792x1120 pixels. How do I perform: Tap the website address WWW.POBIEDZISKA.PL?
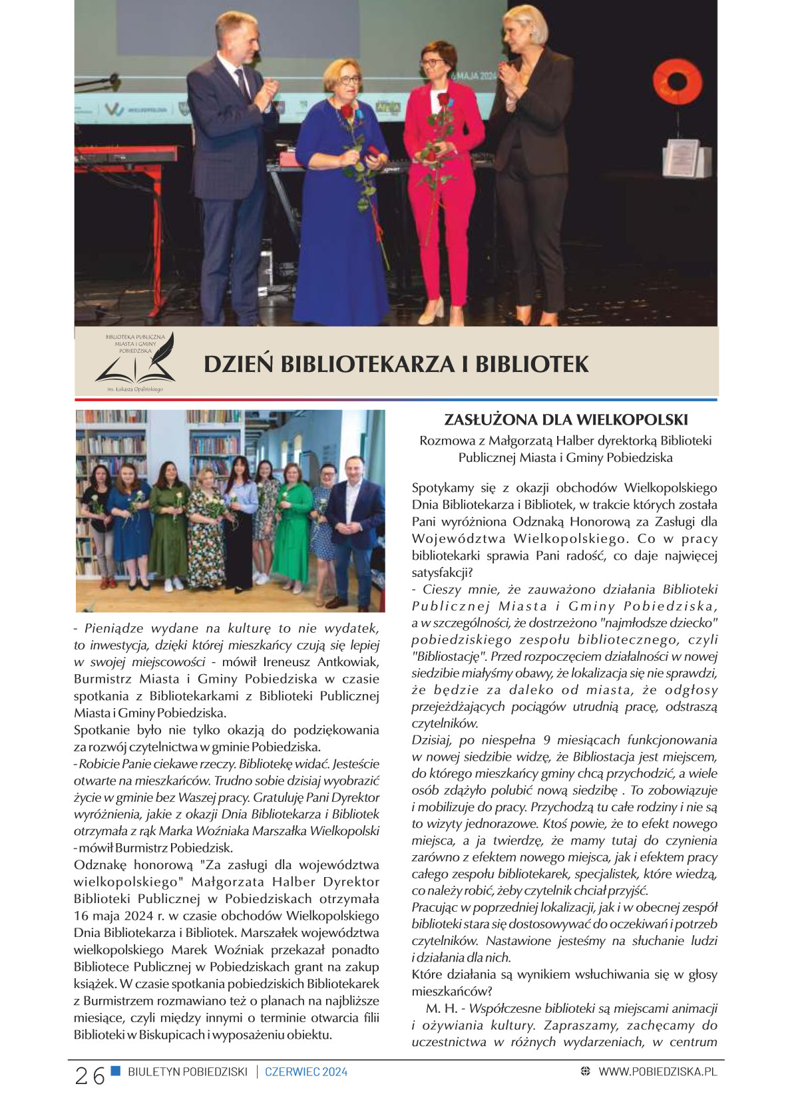[658, 1071]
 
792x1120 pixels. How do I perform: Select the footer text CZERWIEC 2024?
[306, 1072]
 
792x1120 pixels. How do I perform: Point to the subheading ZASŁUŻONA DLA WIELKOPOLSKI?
[566, 420]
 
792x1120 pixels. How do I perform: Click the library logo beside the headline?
[135, 362]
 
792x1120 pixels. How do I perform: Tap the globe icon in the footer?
[585, 1071]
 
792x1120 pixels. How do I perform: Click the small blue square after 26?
[116, 1071]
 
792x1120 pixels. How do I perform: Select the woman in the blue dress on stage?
[341, 193]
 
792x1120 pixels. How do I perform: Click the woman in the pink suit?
[444, 180]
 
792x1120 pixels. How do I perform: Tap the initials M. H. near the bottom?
[441, 1009]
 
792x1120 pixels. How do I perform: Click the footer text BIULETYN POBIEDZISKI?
[187, 1072]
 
